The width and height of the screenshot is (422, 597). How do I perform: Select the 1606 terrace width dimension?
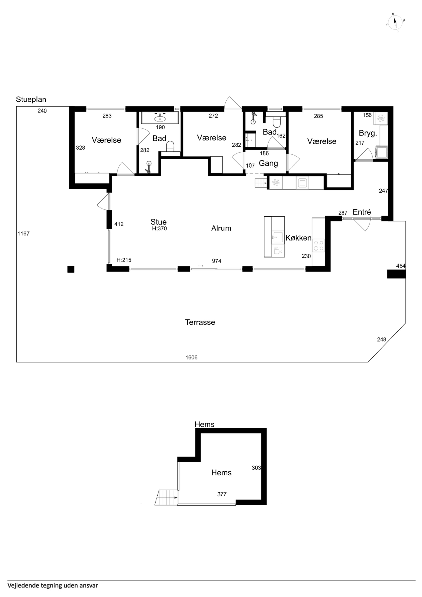(191, 358)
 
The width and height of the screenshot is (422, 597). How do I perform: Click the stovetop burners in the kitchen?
(319, 245)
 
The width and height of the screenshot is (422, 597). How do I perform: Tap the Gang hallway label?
(268, 163)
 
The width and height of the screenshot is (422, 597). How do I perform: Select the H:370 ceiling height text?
(159, 229)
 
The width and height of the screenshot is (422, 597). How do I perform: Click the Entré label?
(362, 212)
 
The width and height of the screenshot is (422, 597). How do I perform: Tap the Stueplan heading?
(31, 100)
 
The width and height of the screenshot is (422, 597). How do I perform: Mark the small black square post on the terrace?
(71, 269)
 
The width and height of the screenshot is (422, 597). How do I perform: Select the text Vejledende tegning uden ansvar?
(53, 585)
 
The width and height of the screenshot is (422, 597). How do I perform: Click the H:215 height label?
(124, 260)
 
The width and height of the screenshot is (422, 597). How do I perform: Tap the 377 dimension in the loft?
(222, 494)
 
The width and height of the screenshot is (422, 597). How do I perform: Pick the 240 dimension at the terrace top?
(42, 111)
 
